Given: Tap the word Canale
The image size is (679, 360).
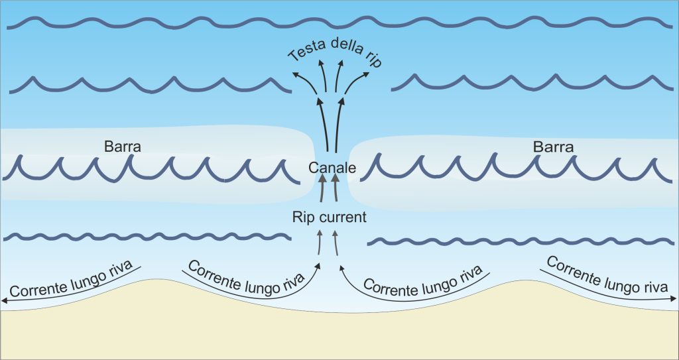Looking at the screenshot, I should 332,168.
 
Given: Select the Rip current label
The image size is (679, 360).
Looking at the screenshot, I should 330,217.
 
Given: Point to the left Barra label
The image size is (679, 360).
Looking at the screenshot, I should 123,147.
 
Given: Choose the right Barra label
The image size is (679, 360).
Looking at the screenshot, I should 553,147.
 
